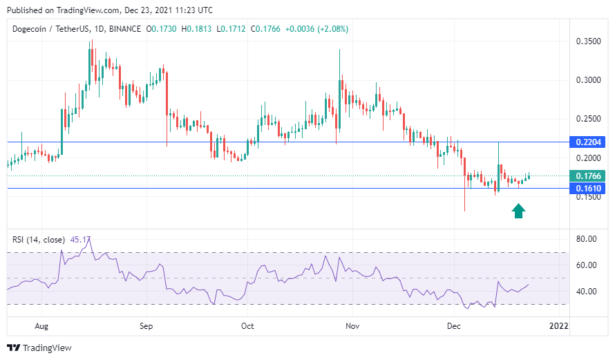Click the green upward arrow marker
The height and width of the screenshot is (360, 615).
pos(518,211)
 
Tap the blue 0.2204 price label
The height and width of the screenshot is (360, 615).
pos(587,142)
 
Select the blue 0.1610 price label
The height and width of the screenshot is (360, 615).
pos(587,189)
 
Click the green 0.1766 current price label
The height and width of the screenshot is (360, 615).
pos(587,176)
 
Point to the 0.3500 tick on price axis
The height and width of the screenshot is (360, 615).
pos(588,41)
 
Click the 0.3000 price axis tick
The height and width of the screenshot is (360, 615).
pos(588,80)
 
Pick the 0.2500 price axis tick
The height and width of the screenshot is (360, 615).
pos(588,119)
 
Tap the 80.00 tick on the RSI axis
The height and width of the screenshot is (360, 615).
pos(587,239)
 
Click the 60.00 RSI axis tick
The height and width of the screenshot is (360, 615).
pos(587,265)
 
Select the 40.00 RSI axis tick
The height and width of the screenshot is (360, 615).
pos(587,292)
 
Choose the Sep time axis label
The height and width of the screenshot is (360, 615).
pos(145,325)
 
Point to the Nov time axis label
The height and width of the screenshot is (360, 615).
pos(352,325)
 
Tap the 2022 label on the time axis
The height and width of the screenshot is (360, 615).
pos(558,325)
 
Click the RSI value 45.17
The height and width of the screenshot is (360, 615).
pos(80,240)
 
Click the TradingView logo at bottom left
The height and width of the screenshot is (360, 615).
pos(39,348)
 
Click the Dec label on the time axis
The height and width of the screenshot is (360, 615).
pos(454,325)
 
